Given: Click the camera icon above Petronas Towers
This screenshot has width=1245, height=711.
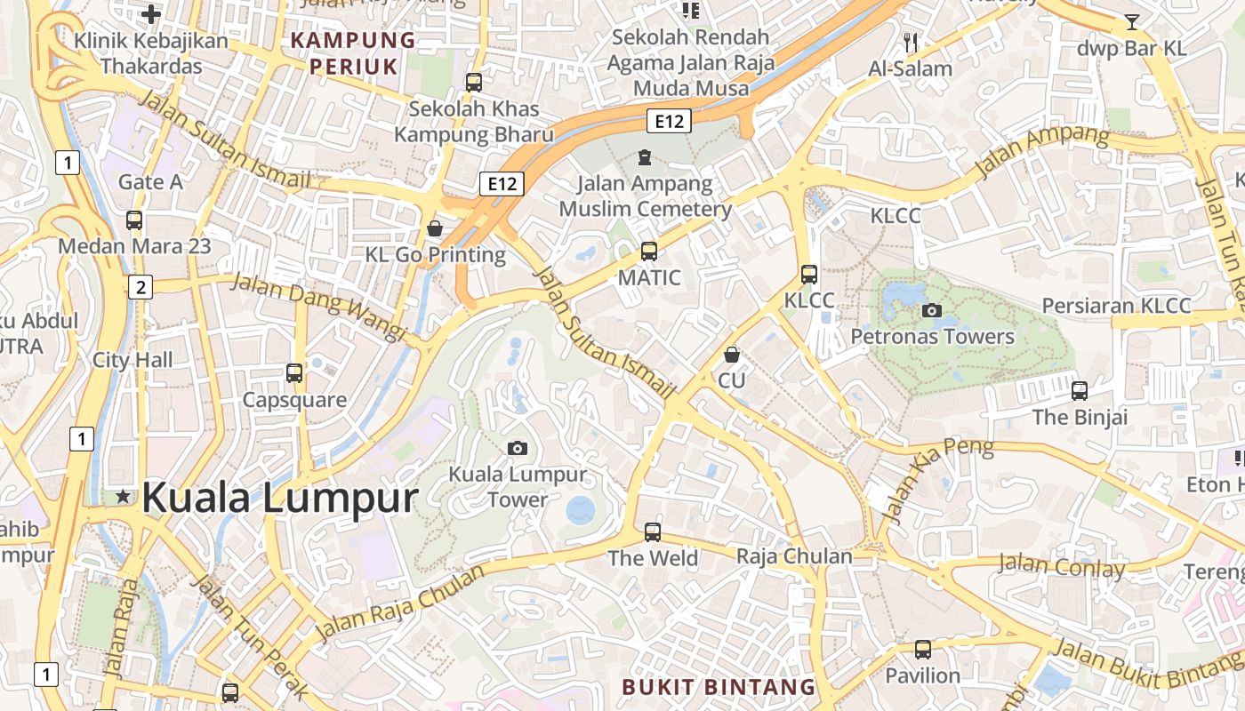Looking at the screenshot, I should [x=932, y=310].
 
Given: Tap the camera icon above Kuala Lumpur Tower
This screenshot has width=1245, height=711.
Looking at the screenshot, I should [x=517, y=448].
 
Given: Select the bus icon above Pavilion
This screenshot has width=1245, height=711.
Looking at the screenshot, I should [x=923, y=650].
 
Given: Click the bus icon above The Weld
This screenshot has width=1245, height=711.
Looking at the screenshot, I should [x=653, y=532].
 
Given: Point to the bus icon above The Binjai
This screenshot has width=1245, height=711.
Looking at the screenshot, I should [x=1080, y=390].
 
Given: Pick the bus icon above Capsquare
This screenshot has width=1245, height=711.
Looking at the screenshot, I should [x=294, y=373].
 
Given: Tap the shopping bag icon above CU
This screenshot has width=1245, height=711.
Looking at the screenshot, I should [x=731, y=355].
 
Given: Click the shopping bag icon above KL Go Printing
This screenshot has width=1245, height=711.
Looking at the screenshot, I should [x=435, y=228].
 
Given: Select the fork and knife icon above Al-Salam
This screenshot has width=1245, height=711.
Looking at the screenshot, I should [x=910, y=42].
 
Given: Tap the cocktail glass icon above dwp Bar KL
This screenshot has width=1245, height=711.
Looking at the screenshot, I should [x=1131, y=22].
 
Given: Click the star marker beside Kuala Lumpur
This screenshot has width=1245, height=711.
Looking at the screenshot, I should [x=123, y=497].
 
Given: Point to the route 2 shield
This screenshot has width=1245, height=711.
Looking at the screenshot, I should [x=141, y=286].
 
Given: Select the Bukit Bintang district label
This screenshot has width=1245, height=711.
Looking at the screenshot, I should [x=719, y=687].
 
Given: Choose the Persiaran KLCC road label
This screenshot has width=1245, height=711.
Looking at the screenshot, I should [x=1116, y=306].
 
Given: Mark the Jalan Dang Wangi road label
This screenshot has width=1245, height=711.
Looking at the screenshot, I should [x=317, y=308].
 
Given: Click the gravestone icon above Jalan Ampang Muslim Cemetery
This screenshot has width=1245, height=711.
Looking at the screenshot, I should [x=645, y=158].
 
